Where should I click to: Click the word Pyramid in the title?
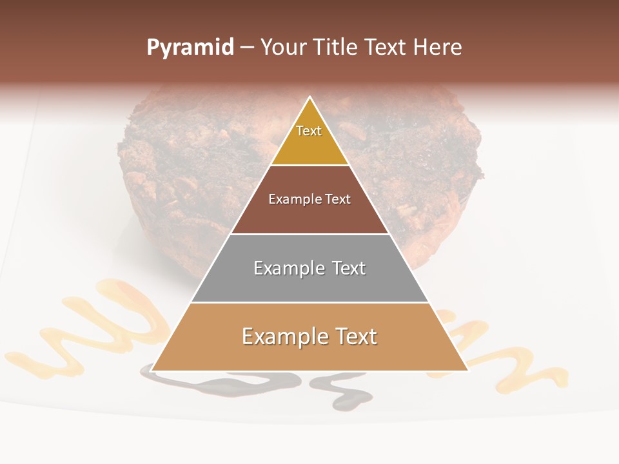190,48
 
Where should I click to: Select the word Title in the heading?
337,48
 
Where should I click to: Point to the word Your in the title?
283,48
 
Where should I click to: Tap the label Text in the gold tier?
309,131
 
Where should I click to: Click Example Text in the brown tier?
309,199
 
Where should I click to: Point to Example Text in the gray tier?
309,268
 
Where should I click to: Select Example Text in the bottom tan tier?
309,336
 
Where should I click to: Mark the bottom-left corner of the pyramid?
151,371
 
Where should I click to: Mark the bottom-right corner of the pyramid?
468,371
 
